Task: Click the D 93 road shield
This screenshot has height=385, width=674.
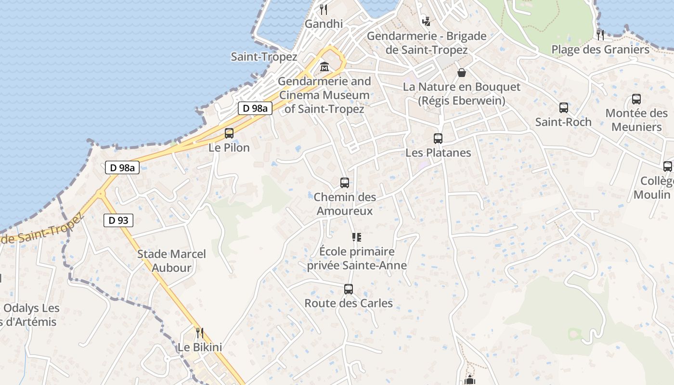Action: (x=118, y=220)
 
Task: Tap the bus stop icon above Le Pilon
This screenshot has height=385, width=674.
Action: (x=229, y=133)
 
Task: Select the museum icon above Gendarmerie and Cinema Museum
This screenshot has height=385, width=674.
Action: (x=324, y=67)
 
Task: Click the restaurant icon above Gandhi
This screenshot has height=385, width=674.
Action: (x=324, y=9)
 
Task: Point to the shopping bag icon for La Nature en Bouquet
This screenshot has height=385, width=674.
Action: (x=462, y=73)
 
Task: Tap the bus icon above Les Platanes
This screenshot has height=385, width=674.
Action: (x=438, y=139)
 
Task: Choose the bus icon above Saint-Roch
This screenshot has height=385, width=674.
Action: (x=563, y=108)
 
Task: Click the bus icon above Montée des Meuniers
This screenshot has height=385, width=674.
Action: (x=636, y=99)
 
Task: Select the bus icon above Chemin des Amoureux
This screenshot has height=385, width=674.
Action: (x=345, y=183)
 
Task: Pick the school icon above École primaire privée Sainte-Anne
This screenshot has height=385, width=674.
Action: (x=357, y=237)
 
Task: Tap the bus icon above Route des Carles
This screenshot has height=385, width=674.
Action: (x=349, y=289)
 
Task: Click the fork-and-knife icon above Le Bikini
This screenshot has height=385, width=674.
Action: (x=199, y=333)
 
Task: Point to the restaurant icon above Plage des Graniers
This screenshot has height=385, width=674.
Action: (x=600, y=35)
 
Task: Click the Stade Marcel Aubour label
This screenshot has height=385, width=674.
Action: (x=171, y=261)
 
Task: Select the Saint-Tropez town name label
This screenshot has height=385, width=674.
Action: (x=264, y=57)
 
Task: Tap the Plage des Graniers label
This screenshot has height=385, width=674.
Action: (x=600, y=50)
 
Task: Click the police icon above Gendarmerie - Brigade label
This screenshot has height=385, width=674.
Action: (x=426, y=21)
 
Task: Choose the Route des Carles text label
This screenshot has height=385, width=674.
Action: (x=349, y=304)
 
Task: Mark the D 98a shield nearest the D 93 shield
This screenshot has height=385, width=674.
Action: (x=122, y=167)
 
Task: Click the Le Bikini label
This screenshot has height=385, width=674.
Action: (x=200, y=347)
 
